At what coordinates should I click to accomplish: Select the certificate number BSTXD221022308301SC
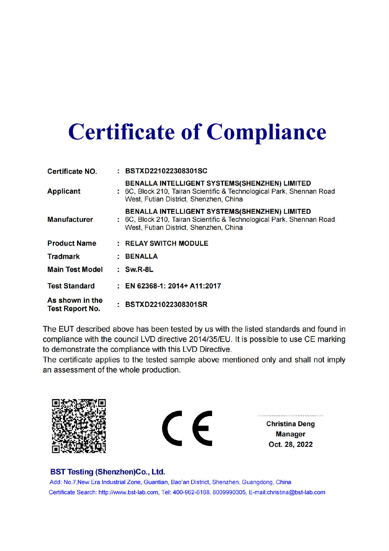[x=166, y=171]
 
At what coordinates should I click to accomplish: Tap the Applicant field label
[x=64, y=191]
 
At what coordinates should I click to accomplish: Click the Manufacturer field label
[x=70, y=219]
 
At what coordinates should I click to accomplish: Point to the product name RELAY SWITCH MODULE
[x=166, y=243]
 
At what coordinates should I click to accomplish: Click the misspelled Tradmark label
[x=64, y=256]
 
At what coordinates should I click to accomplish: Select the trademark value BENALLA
[x=141, y=256]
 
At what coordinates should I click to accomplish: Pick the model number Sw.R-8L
[x=139, y=269]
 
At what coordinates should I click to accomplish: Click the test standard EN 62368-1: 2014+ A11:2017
[x=173, y=286]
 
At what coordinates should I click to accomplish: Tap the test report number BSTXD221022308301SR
[x=166, y=304]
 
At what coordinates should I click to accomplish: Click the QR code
[x=79, y=426]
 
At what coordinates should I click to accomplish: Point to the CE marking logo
[x=187, y=428]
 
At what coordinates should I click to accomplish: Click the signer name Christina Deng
[x=291, y=424]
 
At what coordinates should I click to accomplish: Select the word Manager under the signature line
[x=291, y=434]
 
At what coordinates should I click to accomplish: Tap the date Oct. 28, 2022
[x=291, y=444]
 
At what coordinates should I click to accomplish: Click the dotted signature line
[x=291, y=415]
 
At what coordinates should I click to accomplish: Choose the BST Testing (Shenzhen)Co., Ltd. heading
[x=108, y=472]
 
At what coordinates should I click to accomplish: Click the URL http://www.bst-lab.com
[x=128, y=492]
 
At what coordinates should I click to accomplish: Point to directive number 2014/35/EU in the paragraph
[x=209, y=339]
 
